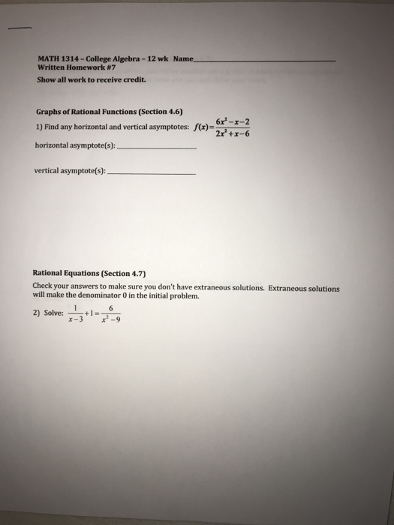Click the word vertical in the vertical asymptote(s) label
[49, 170]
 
